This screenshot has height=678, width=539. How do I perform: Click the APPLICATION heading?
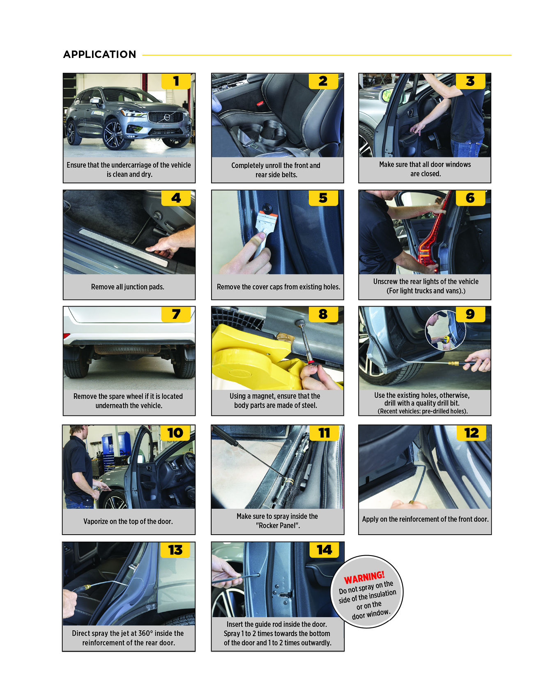[x=99, y=54]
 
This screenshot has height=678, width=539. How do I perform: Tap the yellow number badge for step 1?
[x=176, y=81]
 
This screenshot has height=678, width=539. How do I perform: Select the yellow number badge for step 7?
[x=176, y=314]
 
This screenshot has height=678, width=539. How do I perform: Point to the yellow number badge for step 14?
[x=324, y=550]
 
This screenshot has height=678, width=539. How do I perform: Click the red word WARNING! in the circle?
[x=364, y=577]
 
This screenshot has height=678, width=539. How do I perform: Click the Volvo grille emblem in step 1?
[x=167, y=117]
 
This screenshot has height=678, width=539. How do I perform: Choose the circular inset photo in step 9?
[x=445, y=330]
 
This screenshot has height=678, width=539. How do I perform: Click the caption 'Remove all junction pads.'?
[x=128, y=287]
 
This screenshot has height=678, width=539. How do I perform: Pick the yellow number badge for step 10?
[x=175, y=433]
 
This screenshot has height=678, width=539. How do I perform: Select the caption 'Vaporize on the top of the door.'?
[x=128, y=521]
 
